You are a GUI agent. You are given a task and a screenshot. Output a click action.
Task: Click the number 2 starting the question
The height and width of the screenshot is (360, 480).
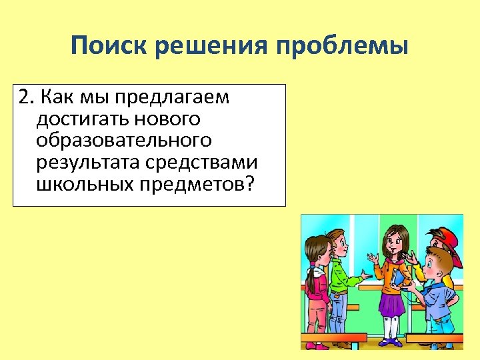click(25, 98)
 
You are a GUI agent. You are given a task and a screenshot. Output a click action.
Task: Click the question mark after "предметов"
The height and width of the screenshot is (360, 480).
click(249, 183)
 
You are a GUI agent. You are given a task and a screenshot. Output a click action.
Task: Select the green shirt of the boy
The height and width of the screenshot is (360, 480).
click(342, 273)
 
